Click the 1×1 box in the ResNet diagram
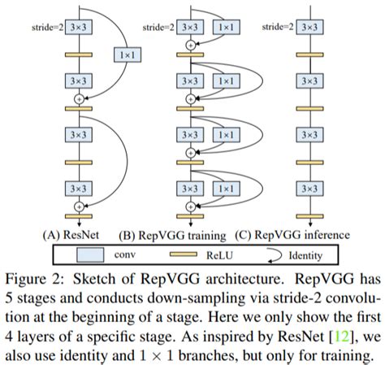126,54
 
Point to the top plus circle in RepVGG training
191,45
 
